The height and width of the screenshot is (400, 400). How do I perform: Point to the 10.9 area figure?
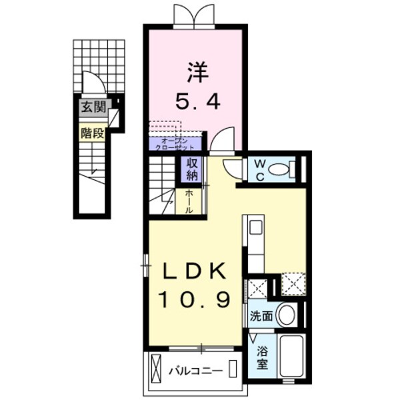click(x=195, y=299)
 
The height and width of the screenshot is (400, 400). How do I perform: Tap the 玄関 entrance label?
click(x=93, y=106)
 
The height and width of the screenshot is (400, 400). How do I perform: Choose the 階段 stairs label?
click(x=93, y=133)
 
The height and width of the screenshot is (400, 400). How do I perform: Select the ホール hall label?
click(x=189, y=200)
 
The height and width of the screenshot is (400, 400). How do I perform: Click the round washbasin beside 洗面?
click(x=286, y=315)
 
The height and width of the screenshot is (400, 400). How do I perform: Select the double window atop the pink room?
click(x=194, y=15)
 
